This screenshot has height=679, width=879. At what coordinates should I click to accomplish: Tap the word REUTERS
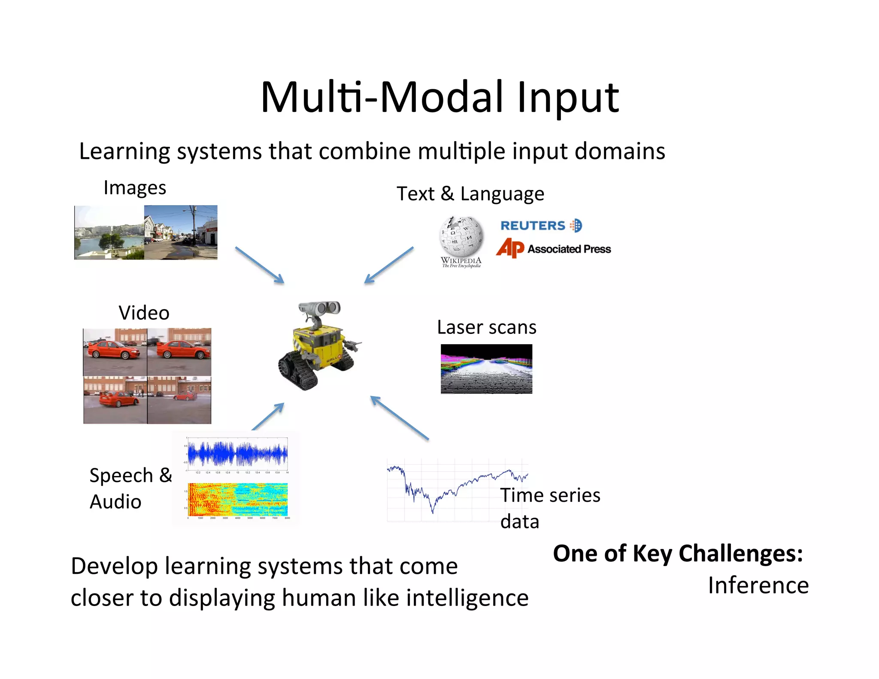pyautogui.click(x=533, y=226)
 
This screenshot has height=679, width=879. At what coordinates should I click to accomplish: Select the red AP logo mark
pyautogui.click(x=510, y=248)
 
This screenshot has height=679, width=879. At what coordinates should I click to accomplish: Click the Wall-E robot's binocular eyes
pyautogui.click(x=320, y=308)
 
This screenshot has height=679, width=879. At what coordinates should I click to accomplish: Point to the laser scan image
pyautogui.click(x=486, y=369)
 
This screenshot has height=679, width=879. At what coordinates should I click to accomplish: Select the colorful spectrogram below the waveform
pyautogui.click(x=238, y=499)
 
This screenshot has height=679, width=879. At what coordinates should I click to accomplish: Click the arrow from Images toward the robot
pyautogui.click(x=260, y=265)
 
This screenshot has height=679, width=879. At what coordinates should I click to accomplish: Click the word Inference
pyautogui.click(x=758, y=585)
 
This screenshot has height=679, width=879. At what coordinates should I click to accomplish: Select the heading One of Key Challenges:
pyautogui.click(x=678, y=553)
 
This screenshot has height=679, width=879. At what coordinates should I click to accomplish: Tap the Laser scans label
pyautogui.click(x=486, y=327)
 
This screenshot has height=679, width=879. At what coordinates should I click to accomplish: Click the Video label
pyautogui.click(x=144, y=313)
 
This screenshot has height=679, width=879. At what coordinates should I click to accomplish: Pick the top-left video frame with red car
pyautogui.click(x=115, y=352)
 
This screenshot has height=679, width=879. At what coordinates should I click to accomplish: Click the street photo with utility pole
pyautogui.click(x=181, y=232)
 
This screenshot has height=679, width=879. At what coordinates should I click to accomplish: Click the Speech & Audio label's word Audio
pyautogui.click(x=115, y=502)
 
